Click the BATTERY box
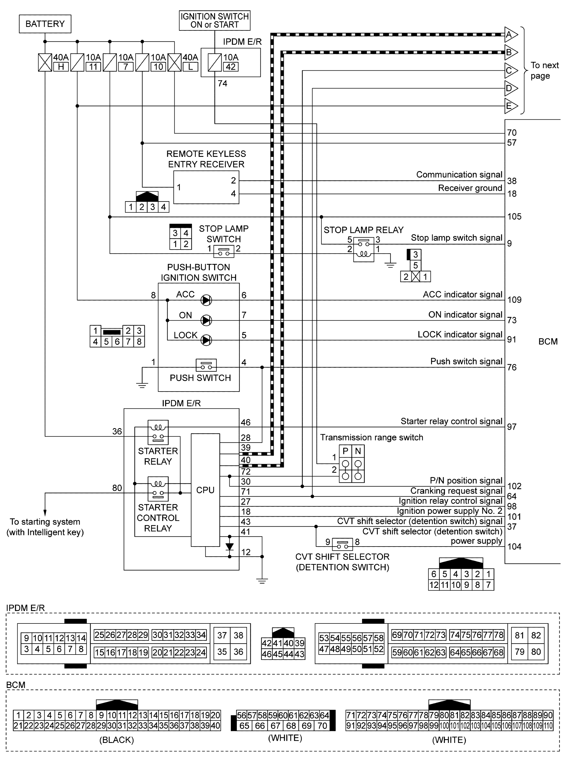tap(45, 24)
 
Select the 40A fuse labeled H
tap(45, 63)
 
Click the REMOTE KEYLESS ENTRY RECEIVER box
tap(206, 187)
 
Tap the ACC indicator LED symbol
tap(206, 300)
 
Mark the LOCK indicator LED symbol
tap(206, 340)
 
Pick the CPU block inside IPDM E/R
tap(205, 490)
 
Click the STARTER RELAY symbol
tap(158, 432)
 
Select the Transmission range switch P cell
tap(345, 451)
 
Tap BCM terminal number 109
tap(514, 300)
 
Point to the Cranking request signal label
tap(456, 491)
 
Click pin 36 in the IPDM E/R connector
tap(238, 652)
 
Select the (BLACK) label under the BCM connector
tap(116, 740)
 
